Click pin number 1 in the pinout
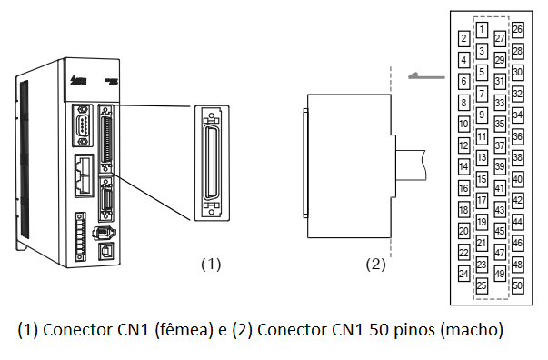[482, 30]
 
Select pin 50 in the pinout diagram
[518, 285]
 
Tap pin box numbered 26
[518, 29]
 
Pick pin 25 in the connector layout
[482, 285]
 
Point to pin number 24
[463, 274]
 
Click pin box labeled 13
[482, 157]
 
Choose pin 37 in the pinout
[500, 145]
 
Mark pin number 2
[463, 38]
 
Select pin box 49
[500, 274]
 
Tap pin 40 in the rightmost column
[518, 179]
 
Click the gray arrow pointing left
[427, 75]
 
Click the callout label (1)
[211, 264]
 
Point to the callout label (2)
[375, 264]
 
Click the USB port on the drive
[105, 250]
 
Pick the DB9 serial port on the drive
[83, 125]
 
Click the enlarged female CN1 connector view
[212, 163]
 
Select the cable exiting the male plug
[411, 165]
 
